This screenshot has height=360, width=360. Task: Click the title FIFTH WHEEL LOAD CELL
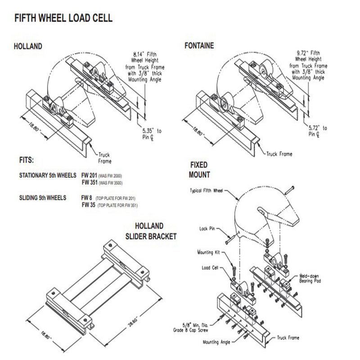63,18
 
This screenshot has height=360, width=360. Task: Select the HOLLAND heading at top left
28,46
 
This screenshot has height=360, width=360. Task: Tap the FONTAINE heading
199,46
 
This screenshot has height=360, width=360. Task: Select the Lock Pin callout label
209,229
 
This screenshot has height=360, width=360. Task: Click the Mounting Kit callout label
207,252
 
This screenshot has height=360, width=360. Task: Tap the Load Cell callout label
210,267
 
